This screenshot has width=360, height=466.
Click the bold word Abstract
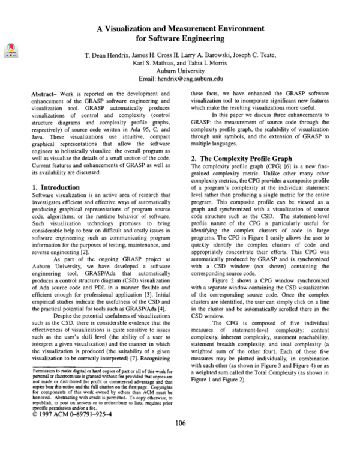44,95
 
